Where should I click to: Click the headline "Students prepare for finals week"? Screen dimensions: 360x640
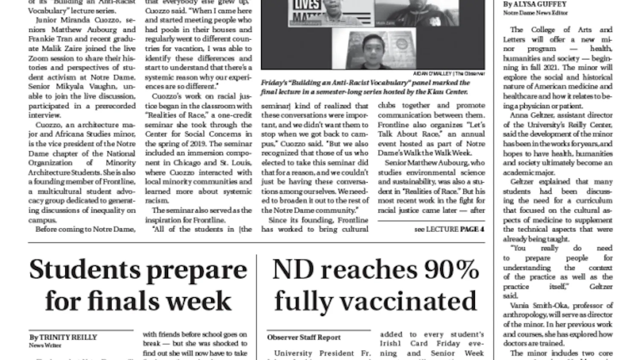pyautogui.click(x=138, y=285)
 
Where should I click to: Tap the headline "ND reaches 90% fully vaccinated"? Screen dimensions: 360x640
pyautogui.click(x=375, y=285)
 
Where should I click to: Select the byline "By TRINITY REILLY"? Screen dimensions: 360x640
pyautogui.click(x=63, y=337)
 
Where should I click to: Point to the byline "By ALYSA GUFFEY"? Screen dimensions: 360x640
pyautogui.click(x=535, y=4)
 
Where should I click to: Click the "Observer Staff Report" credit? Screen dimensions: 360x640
pyautogui.click(x=304, y=337)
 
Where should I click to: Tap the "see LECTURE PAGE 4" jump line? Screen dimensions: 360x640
pyautogui.click(x=449, y=229)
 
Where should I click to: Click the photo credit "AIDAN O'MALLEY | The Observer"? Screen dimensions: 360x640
pyautogui.click(x=449, y=74)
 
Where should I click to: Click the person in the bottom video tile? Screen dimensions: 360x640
pyautogui.click(x=371, y=53)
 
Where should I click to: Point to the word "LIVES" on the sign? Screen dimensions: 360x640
pyautogui.click(x=306, y=5)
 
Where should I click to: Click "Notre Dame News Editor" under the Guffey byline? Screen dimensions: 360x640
pyautogui.click(x=535, y=13)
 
